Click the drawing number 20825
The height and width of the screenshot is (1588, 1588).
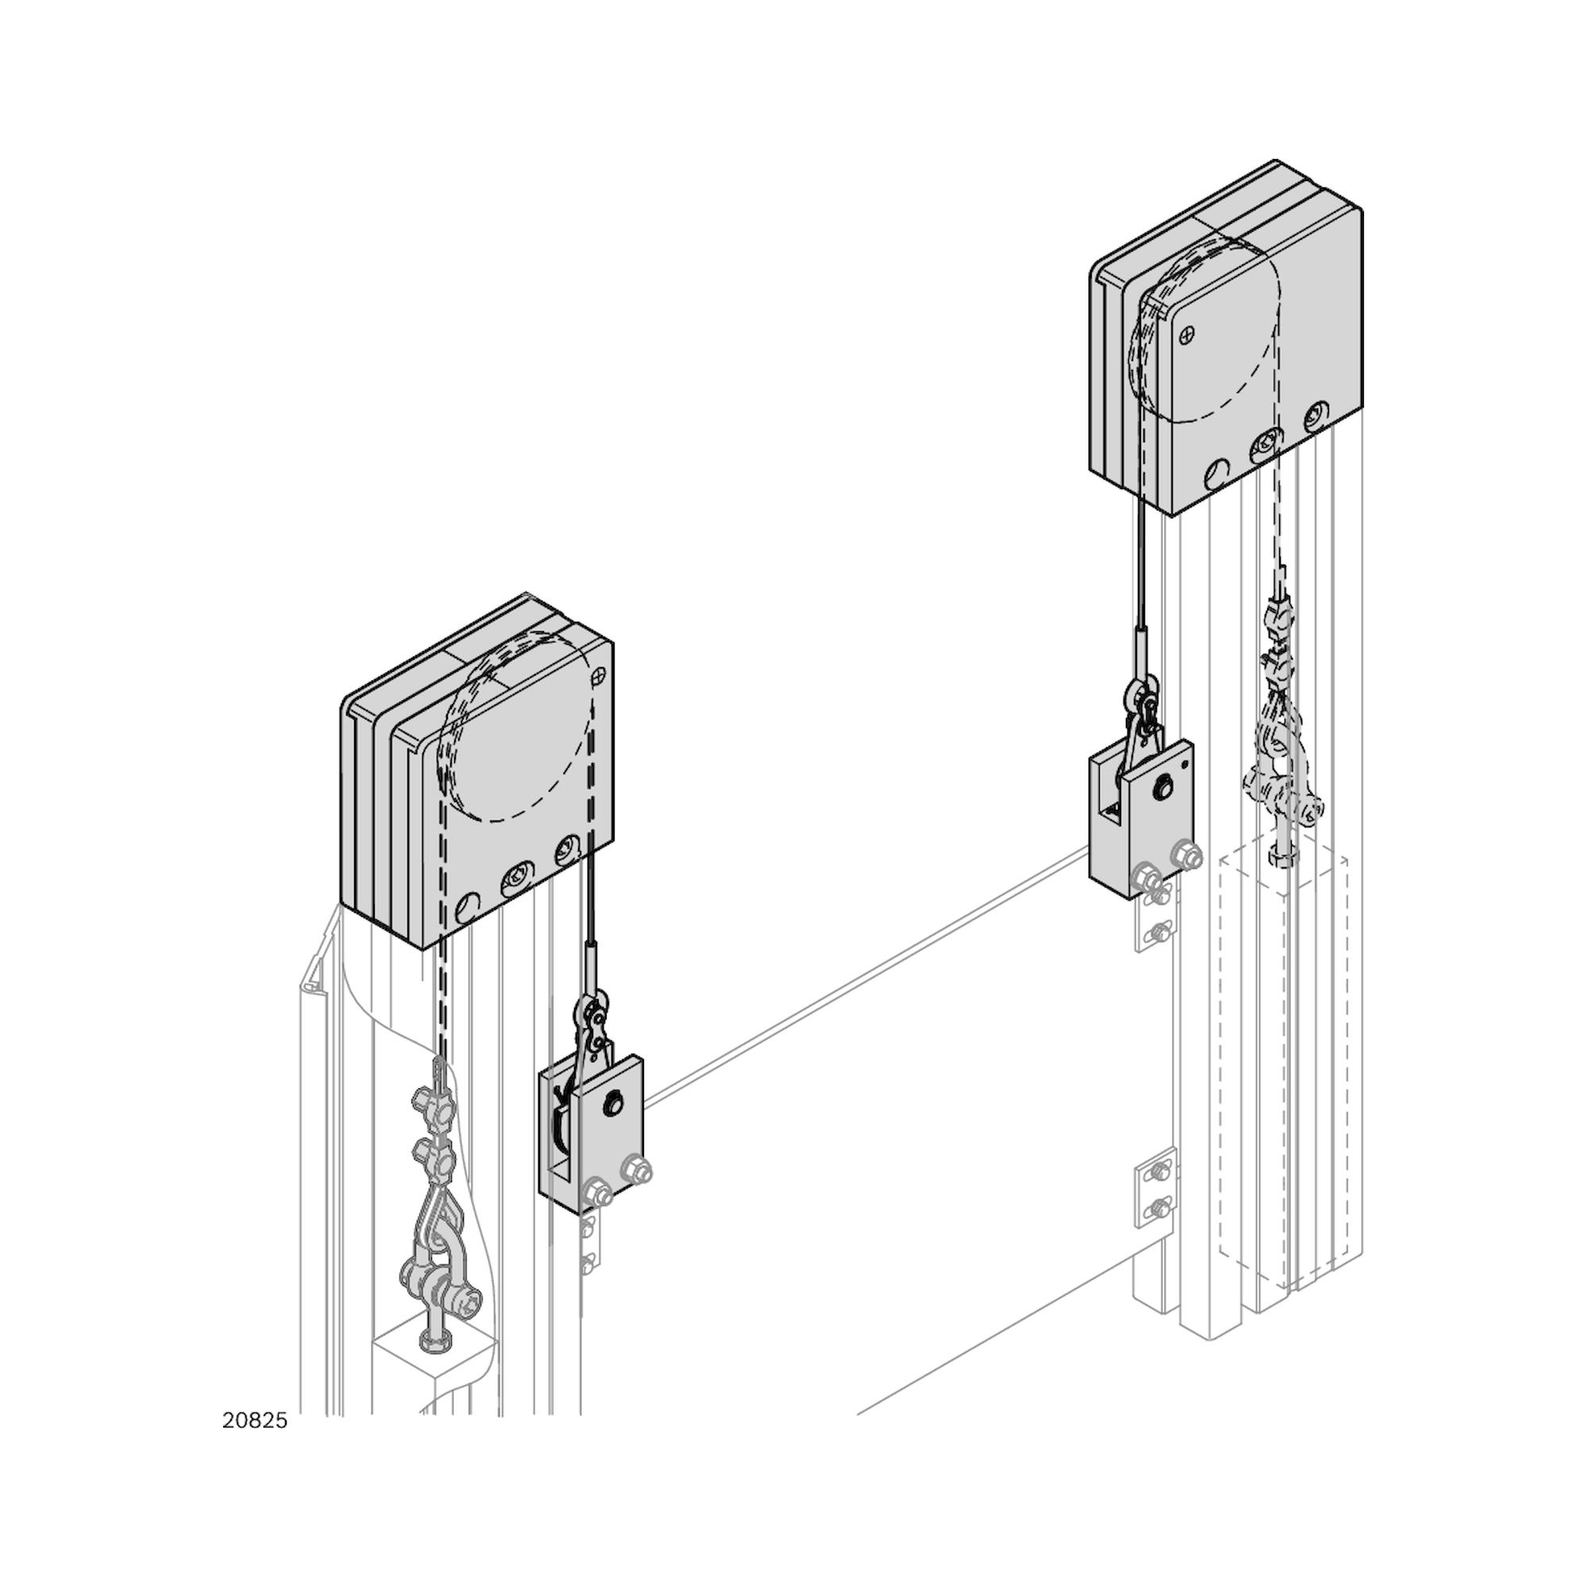click(x=255, y=1421)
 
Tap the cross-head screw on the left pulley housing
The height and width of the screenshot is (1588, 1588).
click(x=599, y=673)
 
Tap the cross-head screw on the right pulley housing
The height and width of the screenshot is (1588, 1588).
click(x=1187, y=334)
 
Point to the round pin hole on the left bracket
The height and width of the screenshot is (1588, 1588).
click(x=613, y=1104)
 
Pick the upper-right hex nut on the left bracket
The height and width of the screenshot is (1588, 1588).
click(x=637, y=1169)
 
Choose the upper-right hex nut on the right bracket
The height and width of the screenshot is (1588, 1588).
click(x=1188, y=854)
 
